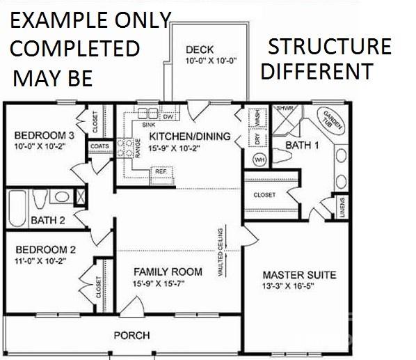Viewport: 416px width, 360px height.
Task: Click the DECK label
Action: (x=200, y=49)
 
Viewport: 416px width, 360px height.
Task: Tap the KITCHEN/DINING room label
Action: (x=189, y=136)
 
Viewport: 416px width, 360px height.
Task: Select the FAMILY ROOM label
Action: (x=168, y=272)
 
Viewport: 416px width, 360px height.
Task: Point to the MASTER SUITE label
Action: (x=299, y=275)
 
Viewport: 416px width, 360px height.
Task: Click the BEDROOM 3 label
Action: (x=44, y=135)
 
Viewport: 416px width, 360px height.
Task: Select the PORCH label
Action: (x=131, y=336)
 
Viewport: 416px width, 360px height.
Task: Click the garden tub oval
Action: (x=328, y=119)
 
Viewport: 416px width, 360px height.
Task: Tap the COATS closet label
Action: (x=98, y=146)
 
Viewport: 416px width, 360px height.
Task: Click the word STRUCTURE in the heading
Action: (x=330, y=47)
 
